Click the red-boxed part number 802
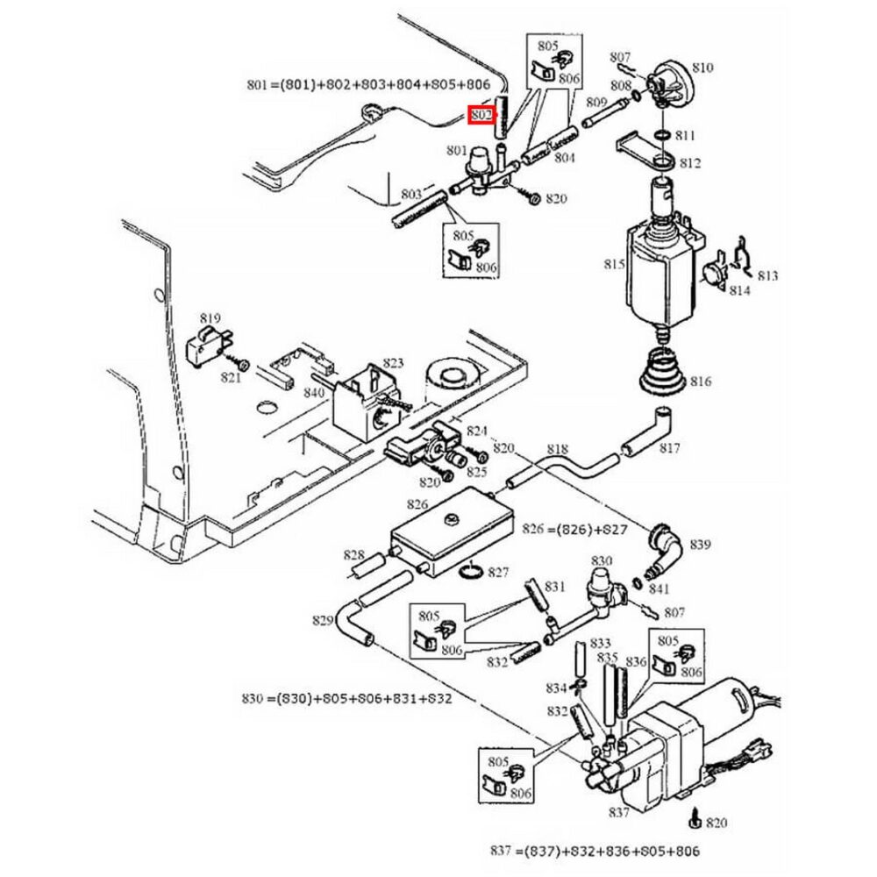[x=481, y=115]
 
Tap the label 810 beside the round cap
[x=702, y=68]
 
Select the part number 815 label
[x=614, y=264]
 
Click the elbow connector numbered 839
[x=665, y=551]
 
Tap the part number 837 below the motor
[x=618, y=812]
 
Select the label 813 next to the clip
[x=767, y=275]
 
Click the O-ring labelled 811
[x=662, y=135]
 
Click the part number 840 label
[x=314, y=393]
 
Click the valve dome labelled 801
[x=479, y=158]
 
